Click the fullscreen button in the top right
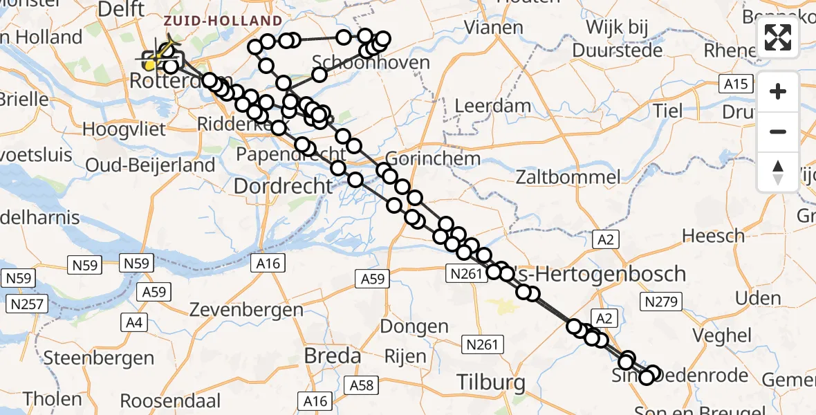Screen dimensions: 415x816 pyautogui.click(x=778, y=37)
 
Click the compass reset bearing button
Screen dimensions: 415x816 pyautogui.click(x=778, y=172)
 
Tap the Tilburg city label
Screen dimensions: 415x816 pyautogui.click(x=491, y=382)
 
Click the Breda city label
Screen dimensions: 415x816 pyautogui.click(x=333, y=356)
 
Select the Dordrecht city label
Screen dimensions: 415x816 pyautogui.click(x=284, y=186)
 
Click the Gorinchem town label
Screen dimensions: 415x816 pyautogui.click(x=432, y=158)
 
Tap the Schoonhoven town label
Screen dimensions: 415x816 pyautogui.click(x=371, y=63)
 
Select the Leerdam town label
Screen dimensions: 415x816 pyautogui.click(x=493, y=107)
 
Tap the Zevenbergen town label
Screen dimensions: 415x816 pyautogui.click(x=248, y=309)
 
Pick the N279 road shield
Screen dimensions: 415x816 pyautogui.click(x=662, y=301)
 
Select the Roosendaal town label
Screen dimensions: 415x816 pyautogui.click(x=170, y=400)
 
